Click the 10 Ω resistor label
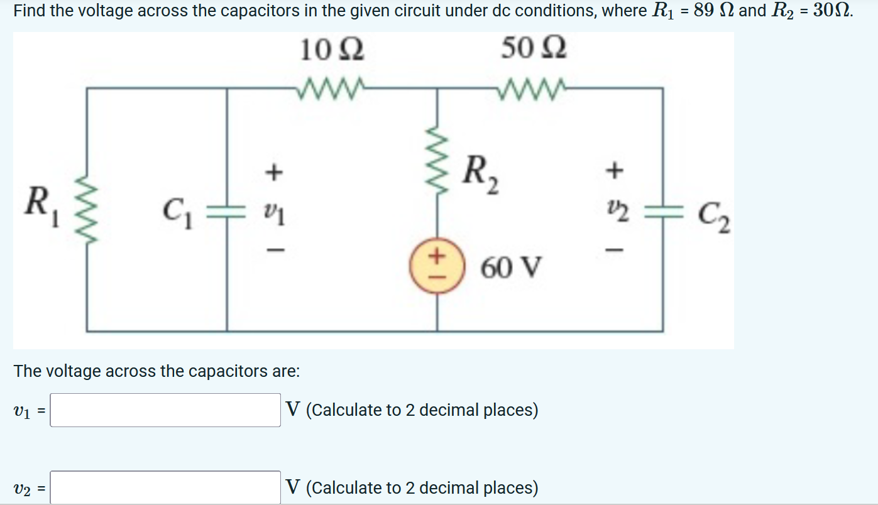point(332,50)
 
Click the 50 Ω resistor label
point(534,48)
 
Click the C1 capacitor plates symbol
point(227,210)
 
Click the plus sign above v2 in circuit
point(617,168)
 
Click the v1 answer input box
point(165,410)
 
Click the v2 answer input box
point(165,487)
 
